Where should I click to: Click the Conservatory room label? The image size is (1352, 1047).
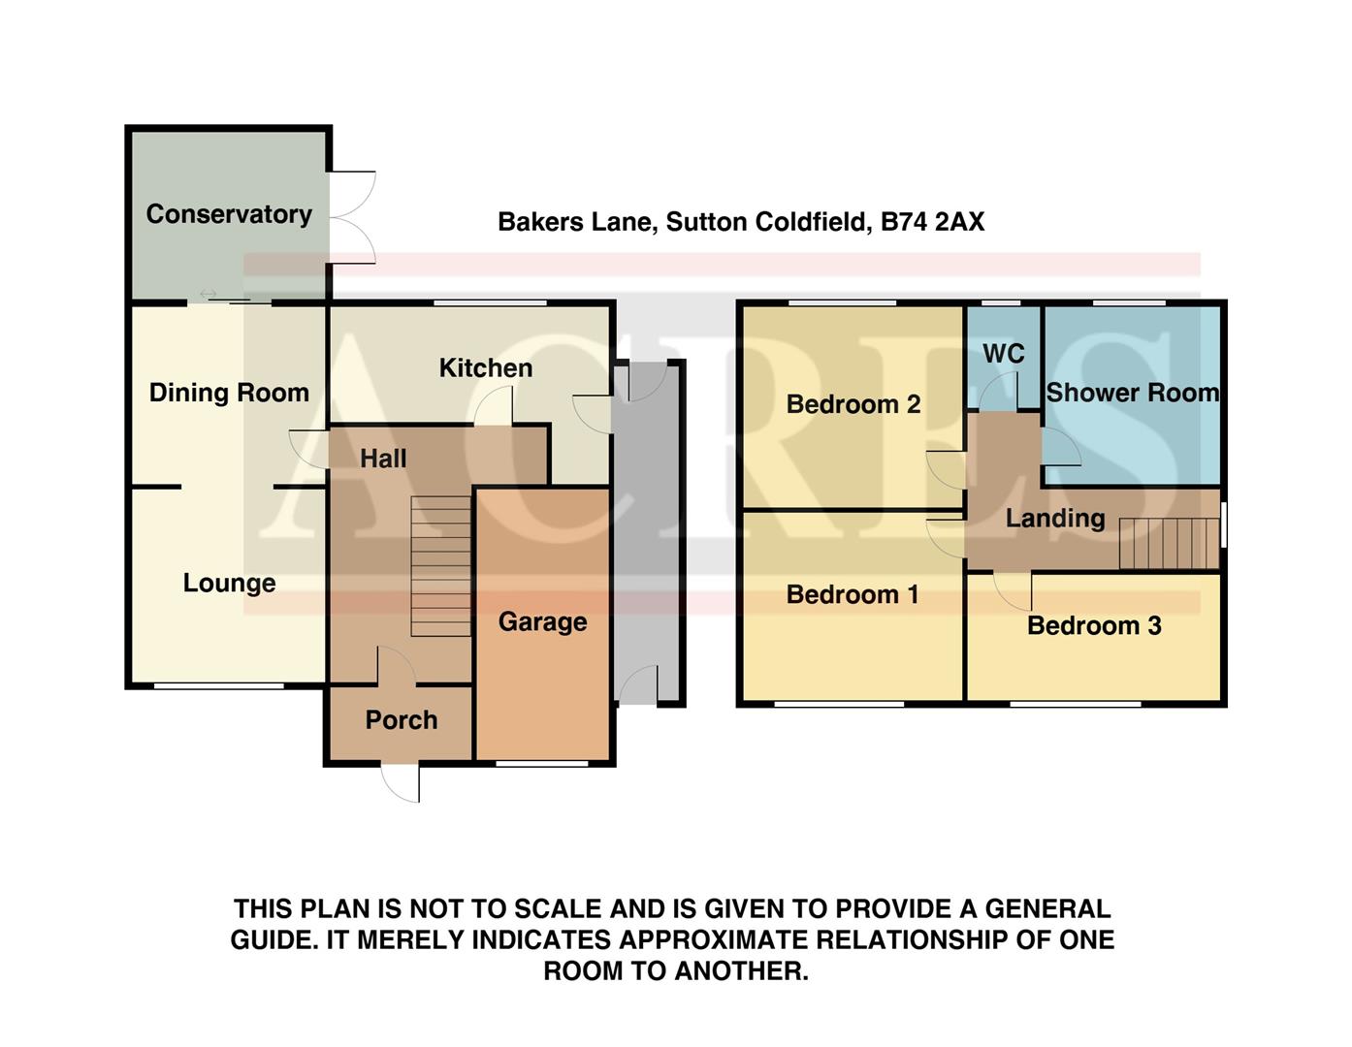click(229, 214)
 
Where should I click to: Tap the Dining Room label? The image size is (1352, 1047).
click(229, 393)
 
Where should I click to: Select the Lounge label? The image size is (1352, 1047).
click(229, 583)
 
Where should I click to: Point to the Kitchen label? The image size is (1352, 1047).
click(485, 368)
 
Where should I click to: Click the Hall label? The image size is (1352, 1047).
click(383, 459)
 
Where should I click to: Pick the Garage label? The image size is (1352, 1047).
click(542, 621)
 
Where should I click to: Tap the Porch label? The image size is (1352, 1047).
click(401, 720)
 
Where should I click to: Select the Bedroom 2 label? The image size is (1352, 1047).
click(853, 404)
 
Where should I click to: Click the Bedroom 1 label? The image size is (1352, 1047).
click(852, 594)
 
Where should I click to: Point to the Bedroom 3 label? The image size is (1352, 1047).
click(1093, 625)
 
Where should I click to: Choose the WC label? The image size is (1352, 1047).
click(1003, 354)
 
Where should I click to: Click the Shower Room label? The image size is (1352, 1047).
click(1132, 393)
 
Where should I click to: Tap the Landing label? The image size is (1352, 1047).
click(1054, 519)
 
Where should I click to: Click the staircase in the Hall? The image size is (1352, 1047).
click(440, 566)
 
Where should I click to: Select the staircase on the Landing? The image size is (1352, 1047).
click(1169, 544)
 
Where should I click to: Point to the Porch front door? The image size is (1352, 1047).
click(401, 780)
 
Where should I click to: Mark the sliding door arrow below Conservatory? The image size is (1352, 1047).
click(208, 294)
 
